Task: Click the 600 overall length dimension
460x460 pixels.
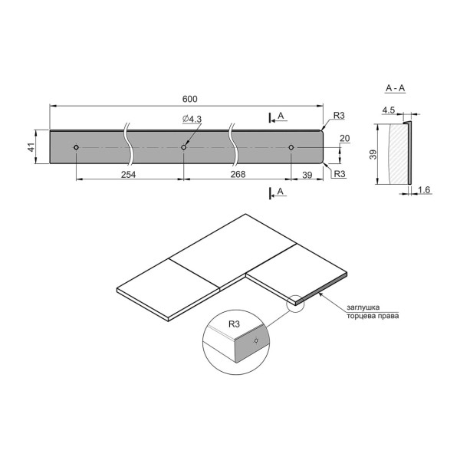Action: coord(190,99)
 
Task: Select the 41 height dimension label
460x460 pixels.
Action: coord(31,147)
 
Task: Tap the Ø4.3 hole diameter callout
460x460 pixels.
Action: coord(192,119)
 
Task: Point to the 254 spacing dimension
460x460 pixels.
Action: coord(129,175)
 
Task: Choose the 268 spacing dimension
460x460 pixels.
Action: coord(238,174)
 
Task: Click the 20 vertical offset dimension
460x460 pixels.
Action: coord(345,138)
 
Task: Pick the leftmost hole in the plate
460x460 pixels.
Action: coord(76,147)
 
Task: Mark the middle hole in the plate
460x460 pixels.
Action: coord(184,147)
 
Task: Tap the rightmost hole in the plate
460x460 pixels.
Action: coord(291,147)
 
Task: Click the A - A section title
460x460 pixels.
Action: coord(395,88)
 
